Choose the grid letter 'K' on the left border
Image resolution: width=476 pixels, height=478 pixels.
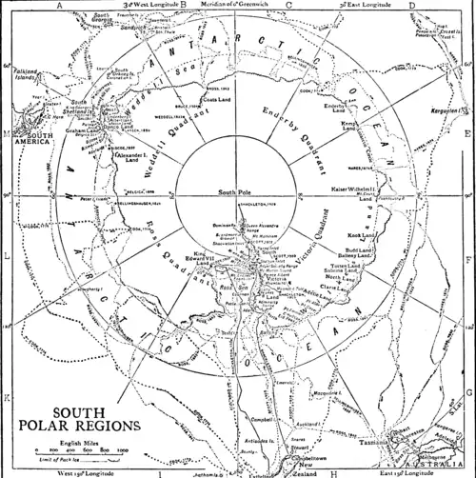[x=6, y=393]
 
